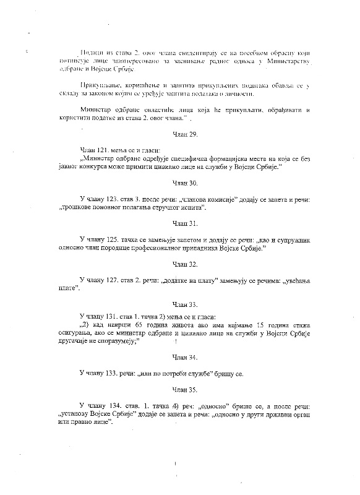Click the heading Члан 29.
180,134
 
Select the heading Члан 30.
180,183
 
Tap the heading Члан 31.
180,222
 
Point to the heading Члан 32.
180,264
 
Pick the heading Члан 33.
180,304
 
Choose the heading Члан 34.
180,357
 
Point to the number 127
116,280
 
